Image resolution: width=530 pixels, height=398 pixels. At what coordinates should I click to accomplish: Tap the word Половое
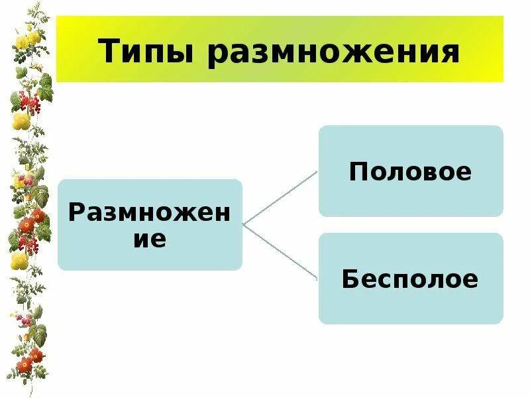[x=411, y=172]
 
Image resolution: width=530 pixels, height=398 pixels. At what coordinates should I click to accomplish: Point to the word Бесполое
[x=410, y=279]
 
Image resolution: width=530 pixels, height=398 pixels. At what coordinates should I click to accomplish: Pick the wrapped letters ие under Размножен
[x=150, y=238]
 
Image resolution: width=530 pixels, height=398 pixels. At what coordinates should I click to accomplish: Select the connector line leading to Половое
[x=280, y=198]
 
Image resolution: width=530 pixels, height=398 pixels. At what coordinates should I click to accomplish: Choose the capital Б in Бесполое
[x=350, y=279]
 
